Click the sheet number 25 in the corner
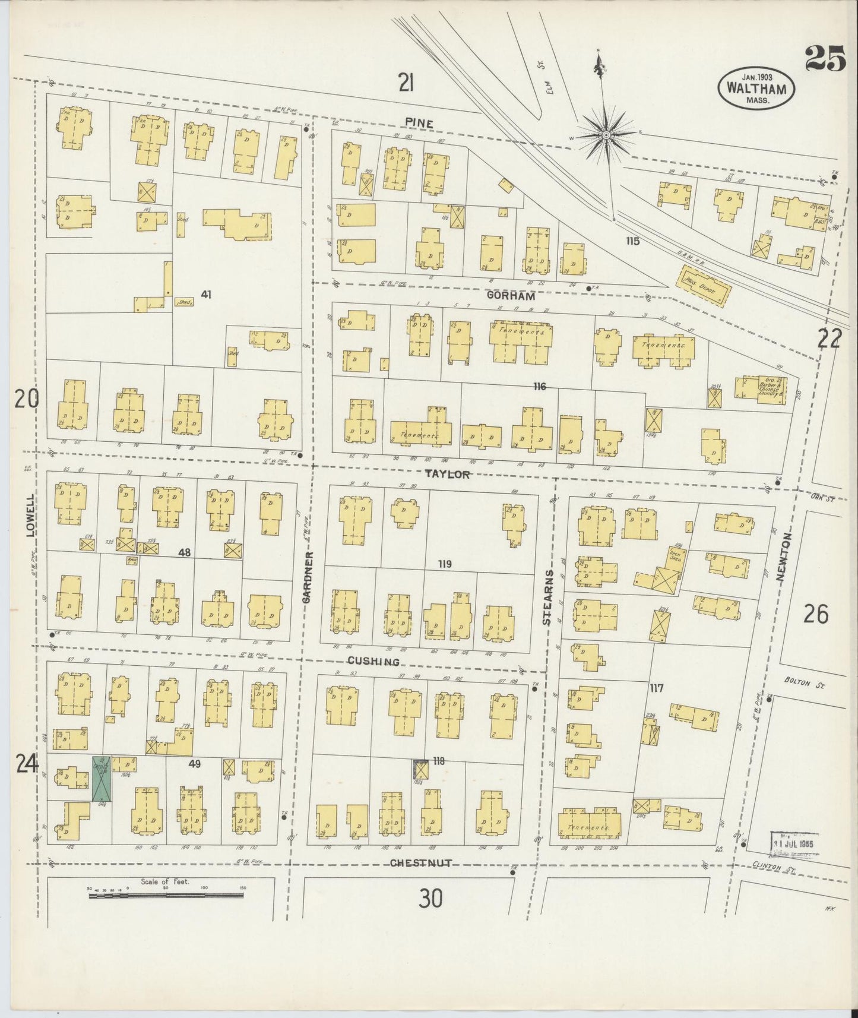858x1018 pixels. [x=825, y=58]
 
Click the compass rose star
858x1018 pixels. [x=606, y=136]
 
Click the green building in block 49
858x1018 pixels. [x=100, y=779]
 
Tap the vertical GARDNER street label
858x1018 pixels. [x=307, y=577]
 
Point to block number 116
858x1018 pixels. [x=539, y=387]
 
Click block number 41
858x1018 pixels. [x=206, y=293]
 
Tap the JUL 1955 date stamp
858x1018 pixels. [x=793, y=843]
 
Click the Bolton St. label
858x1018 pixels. [x=809, y=683]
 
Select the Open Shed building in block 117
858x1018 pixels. [x=666, y=575]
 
